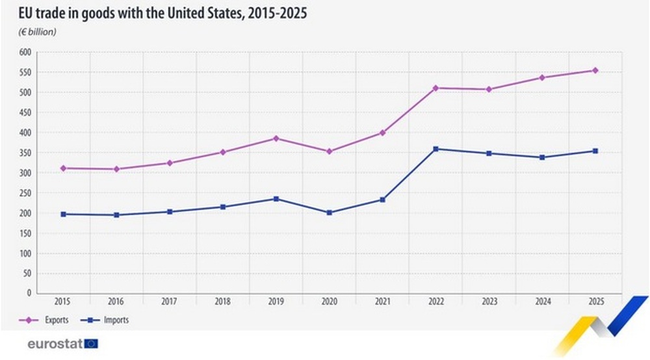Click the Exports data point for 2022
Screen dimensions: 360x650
[x=435, y=88]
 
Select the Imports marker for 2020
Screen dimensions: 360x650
[x=329, y=212]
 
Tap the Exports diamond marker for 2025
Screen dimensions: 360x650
[x=595, y=70]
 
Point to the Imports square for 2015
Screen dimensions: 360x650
[x=63, y=214]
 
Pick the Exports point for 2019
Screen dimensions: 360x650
[x=276, y=138]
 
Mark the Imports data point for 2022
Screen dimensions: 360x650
[x=435, y=149]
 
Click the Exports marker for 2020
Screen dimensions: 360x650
[x=329, y=151]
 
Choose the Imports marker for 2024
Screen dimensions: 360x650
[x=541, y=157]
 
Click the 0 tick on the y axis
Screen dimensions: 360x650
[x=29, y=293]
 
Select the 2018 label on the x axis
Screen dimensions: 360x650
[x=222, y=302]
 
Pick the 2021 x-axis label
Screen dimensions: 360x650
[x=382, y=302]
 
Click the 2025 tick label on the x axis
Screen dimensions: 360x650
[x=595, y=302]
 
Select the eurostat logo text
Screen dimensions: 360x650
[x=55, y=343]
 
